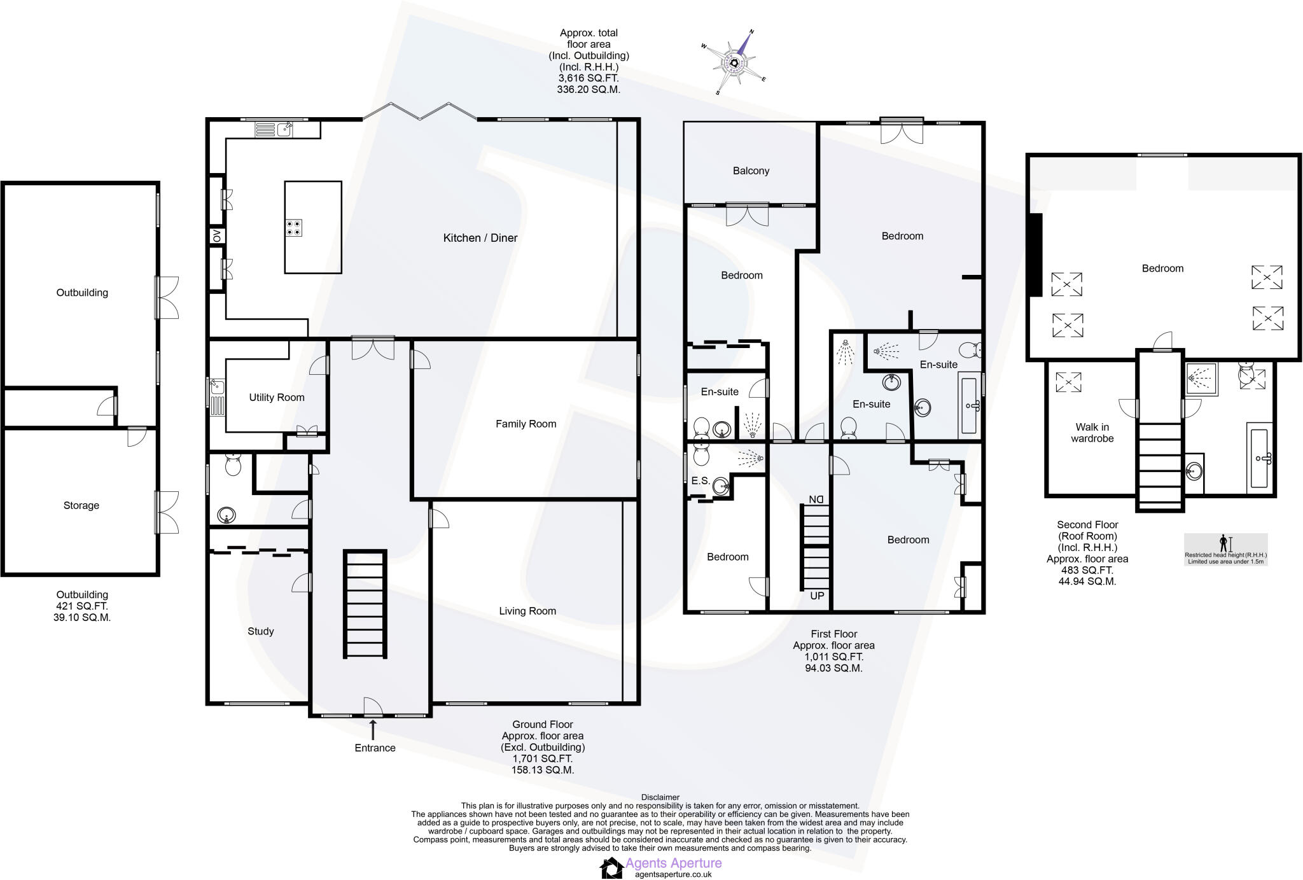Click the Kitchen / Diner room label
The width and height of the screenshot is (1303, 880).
coord(480,238)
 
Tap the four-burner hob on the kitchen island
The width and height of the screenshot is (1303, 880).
coord(294,228)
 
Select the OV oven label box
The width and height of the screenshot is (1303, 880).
coord(216,235)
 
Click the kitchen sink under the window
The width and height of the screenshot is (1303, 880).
coord(284,130)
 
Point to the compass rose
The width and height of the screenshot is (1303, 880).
coord(736,62)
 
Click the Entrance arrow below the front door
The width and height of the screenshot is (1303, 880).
coord(373,730)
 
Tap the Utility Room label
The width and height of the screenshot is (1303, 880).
coord(276,398)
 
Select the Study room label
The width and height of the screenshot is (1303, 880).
coord(260,631)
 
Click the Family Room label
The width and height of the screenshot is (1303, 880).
coord(526,424)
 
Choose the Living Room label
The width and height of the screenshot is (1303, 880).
coord(527,611)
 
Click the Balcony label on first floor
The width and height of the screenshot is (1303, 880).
coord(751,171)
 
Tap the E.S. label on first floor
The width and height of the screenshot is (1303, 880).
coord(700,481)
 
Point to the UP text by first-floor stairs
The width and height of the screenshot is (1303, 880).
coord(816,596)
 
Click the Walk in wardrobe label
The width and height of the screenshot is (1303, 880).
coord(1092,433)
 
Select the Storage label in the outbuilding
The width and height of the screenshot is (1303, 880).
coord(81,505)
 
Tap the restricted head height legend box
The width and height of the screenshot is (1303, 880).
coord(1225,550)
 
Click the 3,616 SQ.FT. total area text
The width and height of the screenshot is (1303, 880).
coord(589,78)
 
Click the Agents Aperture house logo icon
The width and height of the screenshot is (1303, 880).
coord(611,867)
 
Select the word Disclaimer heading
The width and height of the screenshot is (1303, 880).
coord(660,797)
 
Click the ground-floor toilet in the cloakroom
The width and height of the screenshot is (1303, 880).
coord(233,465)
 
